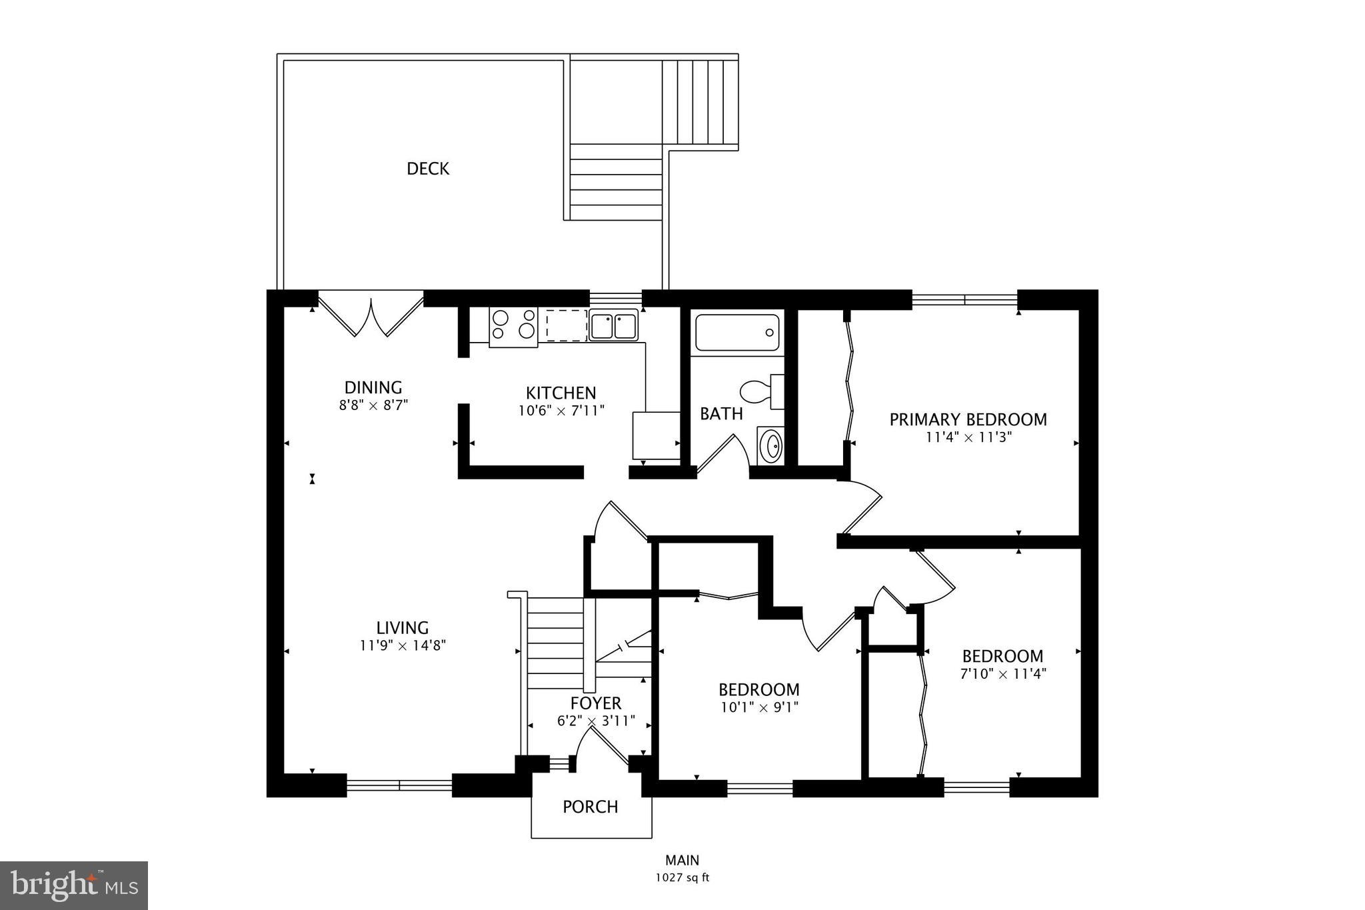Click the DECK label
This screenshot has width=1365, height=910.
click(x=428, y=169)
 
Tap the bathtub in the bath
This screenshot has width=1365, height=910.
click(x=736, y=333)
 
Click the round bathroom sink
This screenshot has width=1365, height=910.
click(x=772, y=446)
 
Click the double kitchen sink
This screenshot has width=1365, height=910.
click(x=613, y=327)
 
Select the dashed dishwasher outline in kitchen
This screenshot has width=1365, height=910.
click(x=565, y=325)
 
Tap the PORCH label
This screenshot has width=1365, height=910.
click(x=590, y=807)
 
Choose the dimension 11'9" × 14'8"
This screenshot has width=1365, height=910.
click(x=403, y=645)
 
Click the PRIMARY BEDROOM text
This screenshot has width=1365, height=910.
click(x=968, y=419)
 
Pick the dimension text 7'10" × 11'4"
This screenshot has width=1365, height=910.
click(x=1002, y=673)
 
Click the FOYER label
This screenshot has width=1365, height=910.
click(x=596, y=703)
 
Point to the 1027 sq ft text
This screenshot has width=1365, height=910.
click(x=682, y=877)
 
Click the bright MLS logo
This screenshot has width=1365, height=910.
click(x=74, y=885)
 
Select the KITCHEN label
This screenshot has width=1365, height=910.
click(x=561, y=393)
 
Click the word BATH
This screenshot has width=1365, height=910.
click(x=721, y=414)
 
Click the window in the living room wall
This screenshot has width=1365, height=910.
click(x=399, y=786)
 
